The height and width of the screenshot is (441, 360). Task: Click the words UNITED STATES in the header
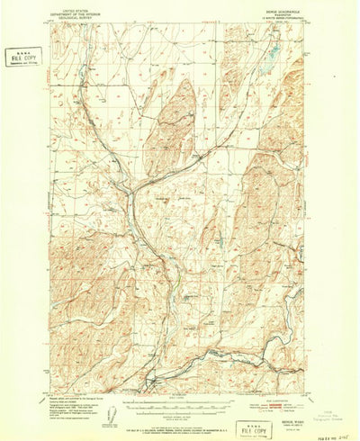tap(76, 7)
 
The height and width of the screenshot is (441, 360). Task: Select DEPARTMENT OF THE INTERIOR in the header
tap(76, 12)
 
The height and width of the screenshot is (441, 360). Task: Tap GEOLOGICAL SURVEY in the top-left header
tap(76, 16)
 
